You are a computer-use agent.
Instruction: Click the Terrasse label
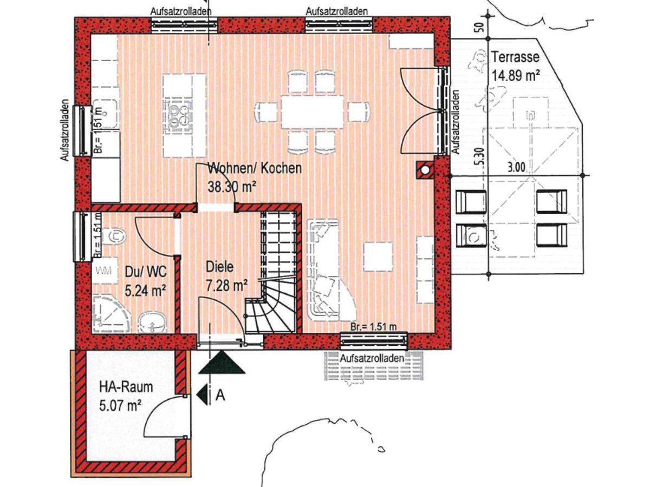coord(515,57)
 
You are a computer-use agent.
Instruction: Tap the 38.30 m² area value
coord(232,187)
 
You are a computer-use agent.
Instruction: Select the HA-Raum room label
coord(126,387)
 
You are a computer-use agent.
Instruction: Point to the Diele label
coord(220,267)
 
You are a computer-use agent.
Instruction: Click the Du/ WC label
coord(146,272)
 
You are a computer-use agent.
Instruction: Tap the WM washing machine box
coord(104,271)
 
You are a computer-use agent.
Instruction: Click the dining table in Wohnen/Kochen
coord(313,112)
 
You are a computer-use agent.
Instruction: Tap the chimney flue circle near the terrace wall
coord(425,170)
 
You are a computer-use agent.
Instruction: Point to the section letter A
coord(220,396)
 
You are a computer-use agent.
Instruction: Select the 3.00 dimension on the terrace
coord(516,168)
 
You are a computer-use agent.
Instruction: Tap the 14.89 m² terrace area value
coord(515,75)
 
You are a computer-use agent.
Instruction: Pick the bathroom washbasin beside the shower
coord(153,323)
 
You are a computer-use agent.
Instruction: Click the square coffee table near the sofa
coord(378,256)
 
